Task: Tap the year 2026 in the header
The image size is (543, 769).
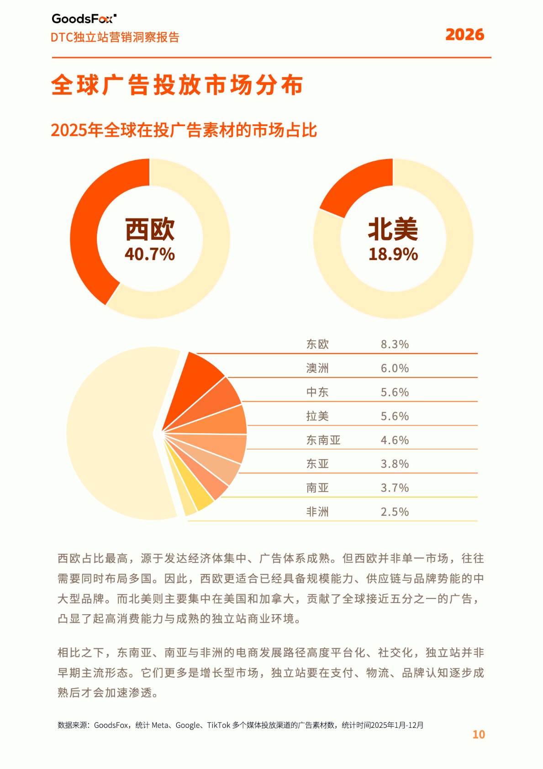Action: pos(464,35)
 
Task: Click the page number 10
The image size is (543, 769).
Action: pos(478,734)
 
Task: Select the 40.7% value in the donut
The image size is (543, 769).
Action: pos(150,254)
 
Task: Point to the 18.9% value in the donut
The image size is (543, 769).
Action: pos(393,254)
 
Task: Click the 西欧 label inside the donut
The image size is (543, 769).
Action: pos(150,229)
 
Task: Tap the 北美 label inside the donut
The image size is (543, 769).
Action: pos(393,229)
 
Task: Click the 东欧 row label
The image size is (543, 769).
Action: pos(317,344)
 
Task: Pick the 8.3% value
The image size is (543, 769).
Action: pos(395,344)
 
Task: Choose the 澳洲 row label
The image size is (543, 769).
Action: pos(317,368)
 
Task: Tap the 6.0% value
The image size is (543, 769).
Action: pos(395,368)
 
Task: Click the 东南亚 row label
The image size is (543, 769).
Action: pos(323,440)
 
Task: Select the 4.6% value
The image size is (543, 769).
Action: pos(395,440)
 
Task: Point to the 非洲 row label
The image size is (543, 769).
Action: pos(317,512)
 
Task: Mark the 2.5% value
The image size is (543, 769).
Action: pos(395,512)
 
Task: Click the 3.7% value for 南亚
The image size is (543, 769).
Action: pos(395,488)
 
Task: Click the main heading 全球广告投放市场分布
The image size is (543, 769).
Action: pos(177,85)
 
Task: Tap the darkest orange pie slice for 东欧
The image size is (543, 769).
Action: pos(196,379)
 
